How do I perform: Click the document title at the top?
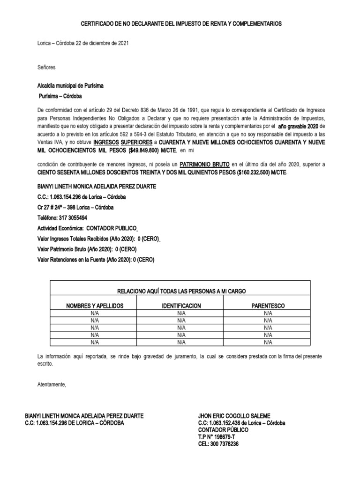(x=181, y=23)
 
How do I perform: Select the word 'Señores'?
(x=46, y=67)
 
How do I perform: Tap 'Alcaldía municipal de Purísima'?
(x=70, y=87)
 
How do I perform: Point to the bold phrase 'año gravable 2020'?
(x=298, y=127)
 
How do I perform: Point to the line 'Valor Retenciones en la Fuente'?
(x=96, y=260)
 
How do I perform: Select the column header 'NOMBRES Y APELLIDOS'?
(x=95, y=306)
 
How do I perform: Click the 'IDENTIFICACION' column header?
(x=181, y=306)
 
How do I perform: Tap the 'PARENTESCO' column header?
(x=268, y=306)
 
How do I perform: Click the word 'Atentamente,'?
(x=52, y=385)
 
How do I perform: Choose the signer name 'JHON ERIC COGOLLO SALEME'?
(x=234, y=416)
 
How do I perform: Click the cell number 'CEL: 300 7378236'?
(x=218, y=444)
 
